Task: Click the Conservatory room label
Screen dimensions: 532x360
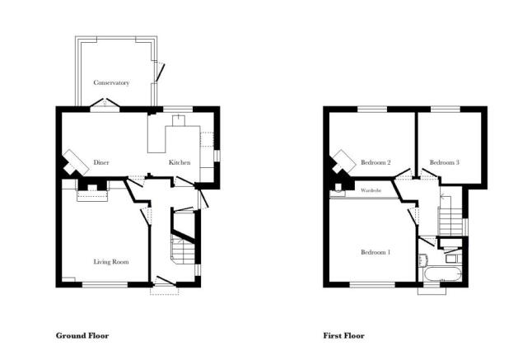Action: tap(111, 82)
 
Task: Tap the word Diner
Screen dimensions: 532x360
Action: tap(101, 162)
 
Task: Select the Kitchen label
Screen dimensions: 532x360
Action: tap(180, 162)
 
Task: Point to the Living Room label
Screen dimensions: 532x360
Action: tap(111, 262)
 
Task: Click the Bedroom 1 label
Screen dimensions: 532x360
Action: tap(376, 252)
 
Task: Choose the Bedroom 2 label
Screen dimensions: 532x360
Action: tap(376, 162)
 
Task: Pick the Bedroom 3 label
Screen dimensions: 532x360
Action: tap(445, 162)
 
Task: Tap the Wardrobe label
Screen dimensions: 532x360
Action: tap(371, 190)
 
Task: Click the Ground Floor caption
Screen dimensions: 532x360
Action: tap(82, 336)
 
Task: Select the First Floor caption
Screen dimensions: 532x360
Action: tap(343, 336)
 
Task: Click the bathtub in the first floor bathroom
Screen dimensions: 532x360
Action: tap(441, 274)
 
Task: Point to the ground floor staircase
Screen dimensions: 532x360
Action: tap(183, 250)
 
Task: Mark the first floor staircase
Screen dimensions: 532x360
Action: tap(450, 221)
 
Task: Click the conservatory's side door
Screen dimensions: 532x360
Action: tap(159, 72)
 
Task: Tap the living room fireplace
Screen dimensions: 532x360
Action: tap(92, 191)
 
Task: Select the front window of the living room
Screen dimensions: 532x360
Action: tap(105, 285)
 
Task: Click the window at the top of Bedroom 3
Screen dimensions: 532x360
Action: tap(446, 110)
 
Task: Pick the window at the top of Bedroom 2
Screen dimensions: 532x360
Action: tap(372, 110)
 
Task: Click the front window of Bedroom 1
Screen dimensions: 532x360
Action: tap(372, 285)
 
